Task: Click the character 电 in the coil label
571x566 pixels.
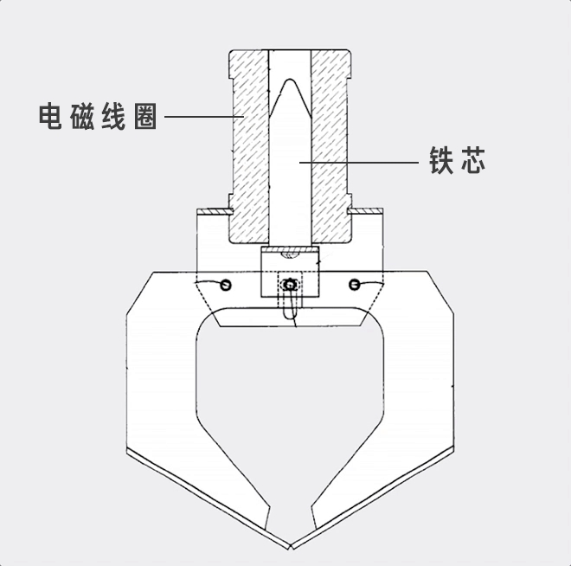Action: click(50, 117)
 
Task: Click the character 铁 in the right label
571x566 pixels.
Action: click(442, 160)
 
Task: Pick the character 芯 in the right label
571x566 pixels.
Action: click(472, 160)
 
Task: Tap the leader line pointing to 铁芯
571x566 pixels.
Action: click(363, 161)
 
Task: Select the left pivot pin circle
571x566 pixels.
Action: click(227, 285)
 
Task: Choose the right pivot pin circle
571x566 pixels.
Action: click(354, 284)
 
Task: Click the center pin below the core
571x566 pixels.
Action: click(290, 284)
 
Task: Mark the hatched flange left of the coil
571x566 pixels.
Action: click(211, 209)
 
